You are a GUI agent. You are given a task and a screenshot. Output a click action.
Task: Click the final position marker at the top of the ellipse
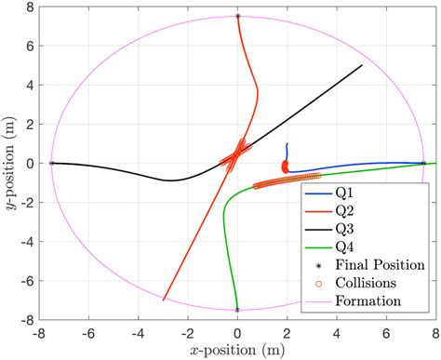click(237, 17)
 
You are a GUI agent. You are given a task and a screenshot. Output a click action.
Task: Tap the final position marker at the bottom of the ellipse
click(237, 309)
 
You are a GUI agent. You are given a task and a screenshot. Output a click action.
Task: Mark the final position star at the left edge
click(51, 163)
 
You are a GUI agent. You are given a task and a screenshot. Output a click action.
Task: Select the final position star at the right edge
click(423, 163)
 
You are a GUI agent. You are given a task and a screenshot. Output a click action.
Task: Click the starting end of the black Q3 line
click(362, 65)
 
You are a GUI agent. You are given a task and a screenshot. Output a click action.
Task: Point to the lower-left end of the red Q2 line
click(164, 300)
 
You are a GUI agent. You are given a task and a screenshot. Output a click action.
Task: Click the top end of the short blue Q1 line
click(287, 144)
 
